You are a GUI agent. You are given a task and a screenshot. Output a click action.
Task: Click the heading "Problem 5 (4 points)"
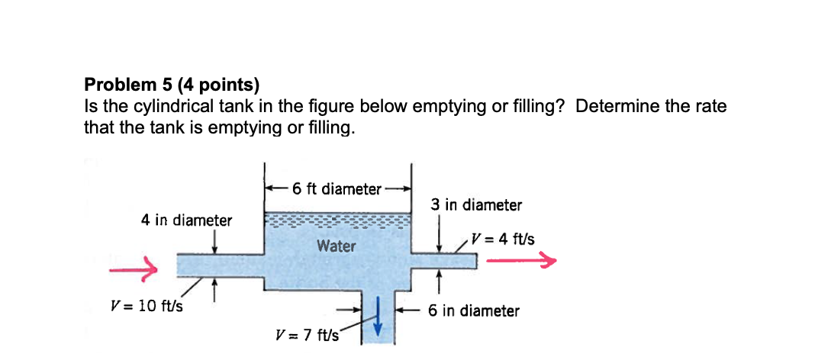(161, 85)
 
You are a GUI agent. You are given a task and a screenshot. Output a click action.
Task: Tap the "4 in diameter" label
(186, 220)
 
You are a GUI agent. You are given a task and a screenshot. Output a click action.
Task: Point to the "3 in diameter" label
(475, 205)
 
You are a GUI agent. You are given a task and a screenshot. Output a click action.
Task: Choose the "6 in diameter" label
(473, 310)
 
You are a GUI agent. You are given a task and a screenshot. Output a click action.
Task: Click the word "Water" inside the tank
(336, 246)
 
